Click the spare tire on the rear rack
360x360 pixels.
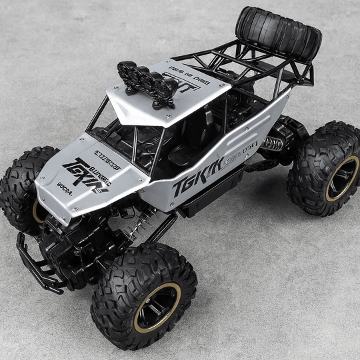(x=279, y=33)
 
